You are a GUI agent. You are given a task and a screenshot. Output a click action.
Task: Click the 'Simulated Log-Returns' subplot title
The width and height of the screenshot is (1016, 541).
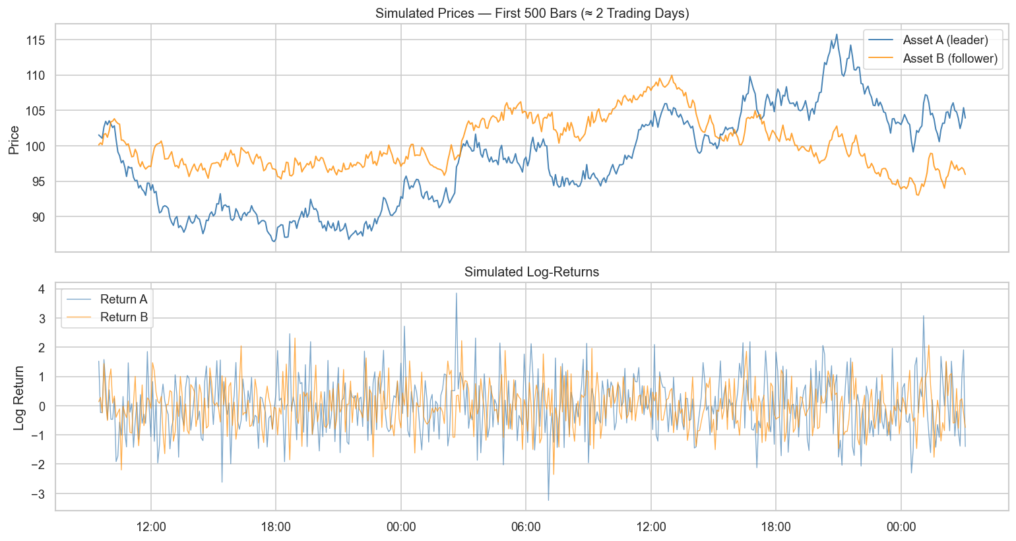532,272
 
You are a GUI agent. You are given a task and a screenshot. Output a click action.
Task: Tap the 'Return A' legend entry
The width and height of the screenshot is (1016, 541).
123,300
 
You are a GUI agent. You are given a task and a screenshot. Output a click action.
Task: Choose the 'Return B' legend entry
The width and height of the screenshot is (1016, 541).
123,317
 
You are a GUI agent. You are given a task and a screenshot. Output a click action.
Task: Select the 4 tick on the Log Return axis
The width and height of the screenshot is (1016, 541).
41,289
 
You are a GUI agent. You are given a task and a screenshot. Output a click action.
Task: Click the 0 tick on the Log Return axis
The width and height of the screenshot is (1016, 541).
41,406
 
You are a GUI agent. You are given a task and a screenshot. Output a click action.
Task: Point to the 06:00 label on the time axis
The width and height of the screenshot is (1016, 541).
526,527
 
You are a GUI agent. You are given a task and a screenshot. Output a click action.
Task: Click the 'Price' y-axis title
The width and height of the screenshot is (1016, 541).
14,140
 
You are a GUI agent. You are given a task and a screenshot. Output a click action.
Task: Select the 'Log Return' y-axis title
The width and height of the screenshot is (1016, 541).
18,398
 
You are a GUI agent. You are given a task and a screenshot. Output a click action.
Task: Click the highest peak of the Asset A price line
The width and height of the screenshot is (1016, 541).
837,34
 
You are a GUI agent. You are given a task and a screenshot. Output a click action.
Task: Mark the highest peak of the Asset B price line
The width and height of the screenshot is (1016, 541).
672,75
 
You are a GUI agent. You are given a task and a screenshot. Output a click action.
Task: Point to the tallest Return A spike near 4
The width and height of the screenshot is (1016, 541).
456,294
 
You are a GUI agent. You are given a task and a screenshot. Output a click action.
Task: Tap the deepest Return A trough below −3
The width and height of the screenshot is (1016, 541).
548,500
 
